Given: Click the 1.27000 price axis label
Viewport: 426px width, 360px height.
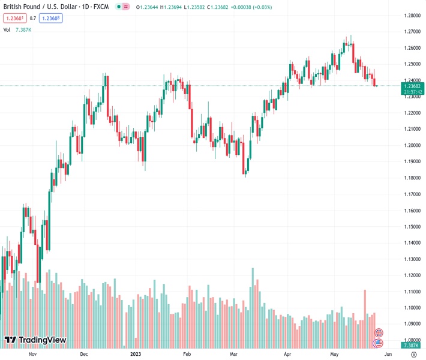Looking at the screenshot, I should [x=411, y=31].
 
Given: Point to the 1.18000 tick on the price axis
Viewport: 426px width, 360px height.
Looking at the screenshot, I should [x=411, y=178].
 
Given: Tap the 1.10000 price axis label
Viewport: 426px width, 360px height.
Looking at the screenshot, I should [x=411, y=308].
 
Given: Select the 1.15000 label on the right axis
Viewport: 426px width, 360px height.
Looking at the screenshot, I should [x=411, y=226].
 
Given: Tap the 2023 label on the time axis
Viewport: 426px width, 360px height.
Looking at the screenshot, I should [x=136, y=354].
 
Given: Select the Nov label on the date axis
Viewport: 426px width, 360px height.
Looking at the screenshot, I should [x=33, y=354].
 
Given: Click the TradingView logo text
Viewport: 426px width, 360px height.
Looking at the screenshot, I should [x=42, y=340].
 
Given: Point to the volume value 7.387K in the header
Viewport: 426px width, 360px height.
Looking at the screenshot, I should [x=23, y=29].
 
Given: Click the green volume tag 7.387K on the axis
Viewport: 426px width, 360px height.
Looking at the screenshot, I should [x=411, y=346].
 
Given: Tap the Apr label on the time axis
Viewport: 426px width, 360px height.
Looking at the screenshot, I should [x=287, y=354].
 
